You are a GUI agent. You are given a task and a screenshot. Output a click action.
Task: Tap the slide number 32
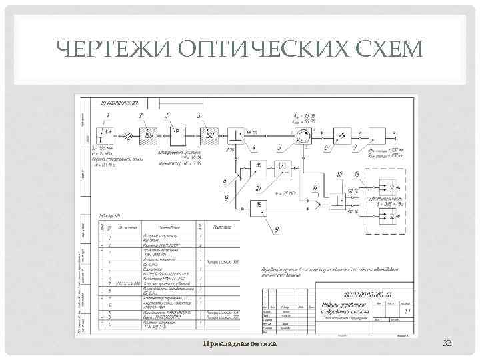coord(447,343)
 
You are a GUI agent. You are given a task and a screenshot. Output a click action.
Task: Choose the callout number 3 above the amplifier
coord(167,115)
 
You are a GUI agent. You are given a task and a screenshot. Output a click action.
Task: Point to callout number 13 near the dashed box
coord(357,174)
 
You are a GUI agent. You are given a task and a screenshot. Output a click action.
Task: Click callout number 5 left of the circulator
coord(279,146)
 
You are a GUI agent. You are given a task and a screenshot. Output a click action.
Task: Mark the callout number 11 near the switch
coord(314,187)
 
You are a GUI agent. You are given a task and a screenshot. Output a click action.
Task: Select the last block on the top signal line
coord(377,135)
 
